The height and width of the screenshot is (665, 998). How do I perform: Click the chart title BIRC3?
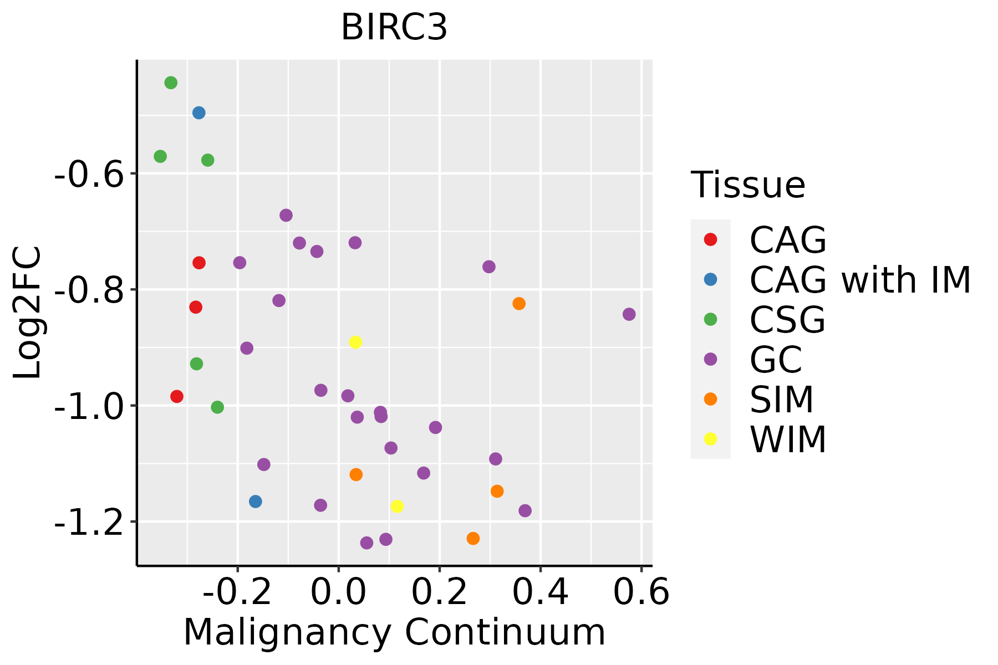pyautogui.click(x=394, y=28)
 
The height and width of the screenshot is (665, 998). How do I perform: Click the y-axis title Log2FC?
pyautogui.click(x=28, y=313)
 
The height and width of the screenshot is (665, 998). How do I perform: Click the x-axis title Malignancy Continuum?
pyautogui.click(x=394, y=633)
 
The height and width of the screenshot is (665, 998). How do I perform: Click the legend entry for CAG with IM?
pyautogui.click(x=859, y=280)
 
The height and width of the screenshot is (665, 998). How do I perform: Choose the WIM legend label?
pyautogui.click(x=787, y=439)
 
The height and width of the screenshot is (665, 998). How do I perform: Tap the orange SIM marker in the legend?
pyautogui.click(x=710, y=399)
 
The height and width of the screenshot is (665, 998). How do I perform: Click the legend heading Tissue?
pyautogui.click(x=748, y=185)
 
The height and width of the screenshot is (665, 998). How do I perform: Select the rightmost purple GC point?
pyautogui.click(x=629, y=314)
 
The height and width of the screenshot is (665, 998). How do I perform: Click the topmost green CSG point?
pyautogui.click(x=171, y=83)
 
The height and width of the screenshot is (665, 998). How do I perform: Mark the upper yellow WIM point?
pyautogui.click(x=355, y=342)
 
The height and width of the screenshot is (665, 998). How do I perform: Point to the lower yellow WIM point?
pyautogui.click(x=397, y=506)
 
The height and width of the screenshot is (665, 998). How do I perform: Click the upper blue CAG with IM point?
pyautogui.click(x=199, y=113)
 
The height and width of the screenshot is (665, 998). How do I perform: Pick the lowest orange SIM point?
pyautogui.click(x=473, y=538)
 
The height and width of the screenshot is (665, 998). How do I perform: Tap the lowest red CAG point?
pyautogui.click(x=177, y=396)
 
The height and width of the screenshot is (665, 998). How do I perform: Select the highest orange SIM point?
pyautogui.click(x=519, y=304)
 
